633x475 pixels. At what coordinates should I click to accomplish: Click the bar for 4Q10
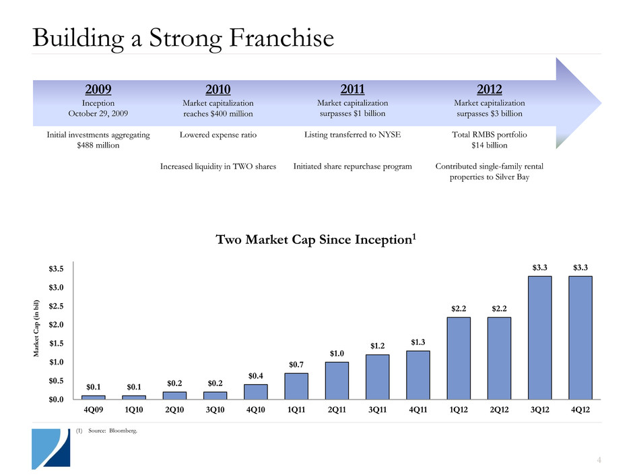coord(256,391)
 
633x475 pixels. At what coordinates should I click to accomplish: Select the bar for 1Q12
coord(459,358)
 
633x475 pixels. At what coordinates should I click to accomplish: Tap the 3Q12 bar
coord(540,338)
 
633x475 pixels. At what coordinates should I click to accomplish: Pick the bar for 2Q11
coord(337,381)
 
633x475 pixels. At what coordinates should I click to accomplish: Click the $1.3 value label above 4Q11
coord(418,342)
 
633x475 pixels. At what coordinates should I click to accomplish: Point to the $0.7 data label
coord(297,365)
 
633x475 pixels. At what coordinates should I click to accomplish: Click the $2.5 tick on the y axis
coord(57,307)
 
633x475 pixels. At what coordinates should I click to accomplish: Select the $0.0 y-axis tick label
coord(57,400)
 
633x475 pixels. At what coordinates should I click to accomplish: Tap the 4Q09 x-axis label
coord(94,410)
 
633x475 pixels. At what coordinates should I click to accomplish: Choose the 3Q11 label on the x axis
coord(378,410)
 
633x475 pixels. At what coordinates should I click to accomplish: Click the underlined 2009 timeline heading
coord(98,89)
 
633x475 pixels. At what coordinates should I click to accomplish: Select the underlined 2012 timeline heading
coord(489,88)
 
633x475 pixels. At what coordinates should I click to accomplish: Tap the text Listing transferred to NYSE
coord(352,135)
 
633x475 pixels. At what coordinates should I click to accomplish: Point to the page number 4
coord(599,460)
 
